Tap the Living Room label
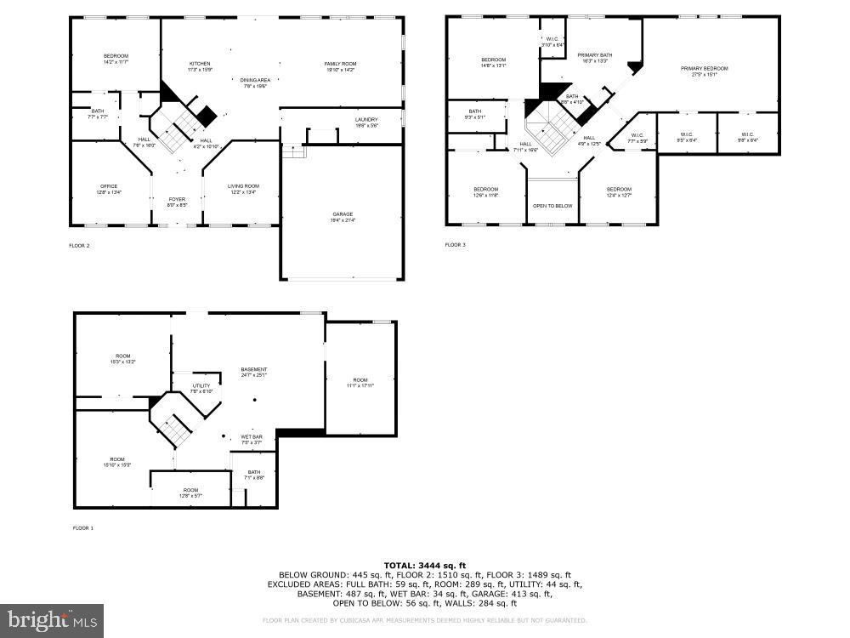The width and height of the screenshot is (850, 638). click(x=242, y=188)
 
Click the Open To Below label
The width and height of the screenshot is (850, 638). click(x=552, y=206)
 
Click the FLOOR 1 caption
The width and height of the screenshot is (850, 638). click(x=82, y=528)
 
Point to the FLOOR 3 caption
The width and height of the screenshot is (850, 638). click(x=456, y=245)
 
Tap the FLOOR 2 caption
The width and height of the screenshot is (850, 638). click(x=79, y=246)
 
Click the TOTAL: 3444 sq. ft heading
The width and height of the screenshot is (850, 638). click(x=424, y=565)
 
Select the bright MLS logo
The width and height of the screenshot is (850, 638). click(x=52, y=620)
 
